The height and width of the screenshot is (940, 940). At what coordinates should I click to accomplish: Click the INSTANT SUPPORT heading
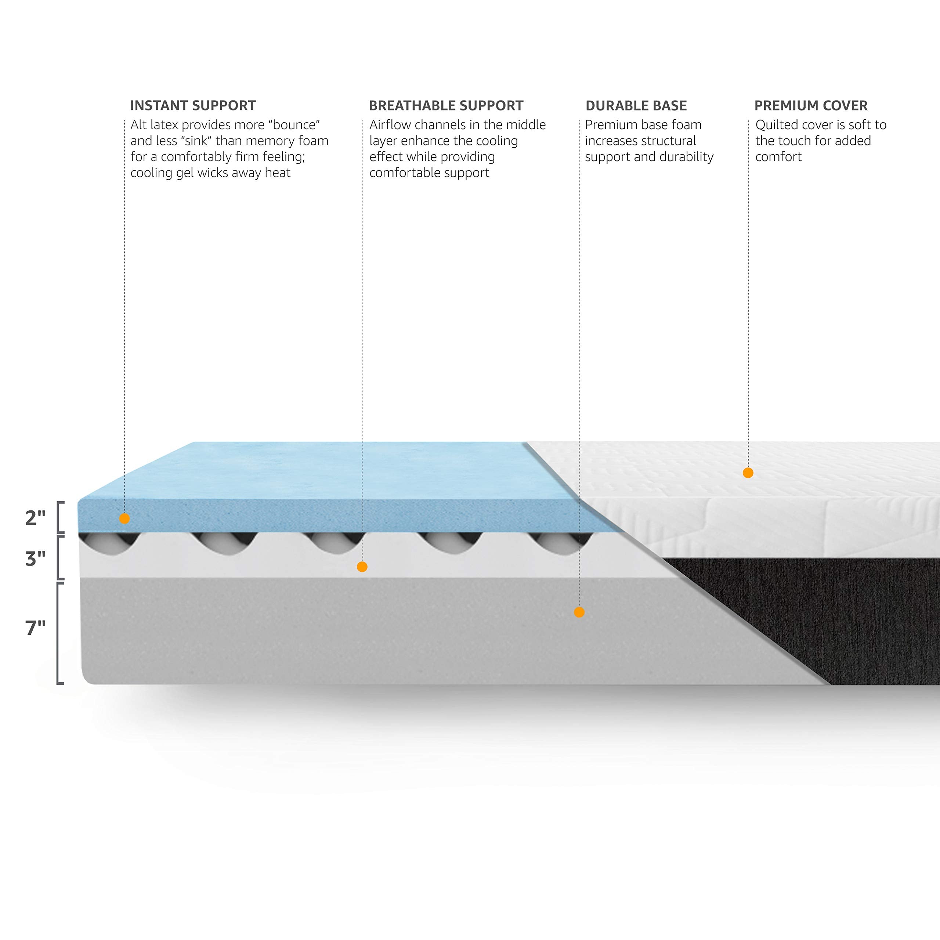pyautogui.click(x=193, y=106)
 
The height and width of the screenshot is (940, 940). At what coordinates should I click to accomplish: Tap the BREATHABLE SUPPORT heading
pyautogui.click(x=446, y=106)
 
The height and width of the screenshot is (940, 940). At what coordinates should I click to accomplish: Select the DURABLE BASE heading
pyautogui.click(x=636, y=106)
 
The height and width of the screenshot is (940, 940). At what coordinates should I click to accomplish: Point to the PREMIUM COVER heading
pyautogui.click(x=811, y=106)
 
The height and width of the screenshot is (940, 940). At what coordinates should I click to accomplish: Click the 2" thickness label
pyautogui.click(x=35, y=518)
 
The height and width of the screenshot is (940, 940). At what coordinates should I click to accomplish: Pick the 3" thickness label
pyautogui.click(x=35, y=559)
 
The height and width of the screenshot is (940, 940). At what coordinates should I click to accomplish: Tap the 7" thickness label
pyautogui.click(x=35, y=628)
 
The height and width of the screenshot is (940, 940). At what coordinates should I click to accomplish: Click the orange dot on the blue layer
pyautogui.click(x=124, y=519)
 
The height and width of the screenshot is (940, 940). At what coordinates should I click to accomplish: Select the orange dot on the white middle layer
pyautogui.click(x=362, y=567)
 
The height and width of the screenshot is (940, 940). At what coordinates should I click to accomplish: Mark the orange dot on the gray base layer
pyautogui.click(x=579, y=612)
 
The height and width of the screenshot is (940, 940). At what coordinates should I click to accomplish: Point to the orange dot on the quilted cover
pyautogui.click(x=748, y=473)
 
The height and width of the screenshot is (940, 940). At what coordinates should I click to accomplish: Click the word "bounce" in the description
pyautogui.click(x=294, y=125)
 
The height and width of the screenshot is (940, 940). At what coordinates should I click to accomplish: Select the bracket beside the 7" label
pyautogui.click(x=59, y=633)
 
